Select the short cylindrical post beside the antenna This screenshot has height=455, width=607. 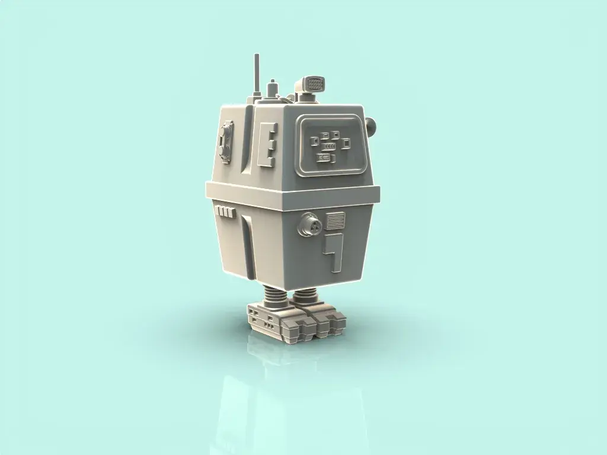tap(272, 89)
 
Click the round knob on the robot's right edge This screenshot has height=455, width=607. tap(372, 125)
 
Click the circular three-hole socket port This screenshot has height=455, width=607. tap(309, 225)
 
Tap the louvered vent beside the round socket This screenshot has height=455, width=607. tap(336, 221)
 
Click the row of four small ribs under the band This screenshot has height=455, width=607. tap(225, 211)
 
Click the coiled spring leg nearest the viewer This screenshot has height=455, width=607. tap(305, 295)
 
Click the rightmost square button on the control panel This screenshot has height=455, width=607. tap(346, 142)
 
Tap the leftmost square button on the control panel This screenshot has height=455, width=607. tap(315, 141)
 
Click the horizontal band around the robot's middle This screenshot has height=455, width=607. tap(293, 193)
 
